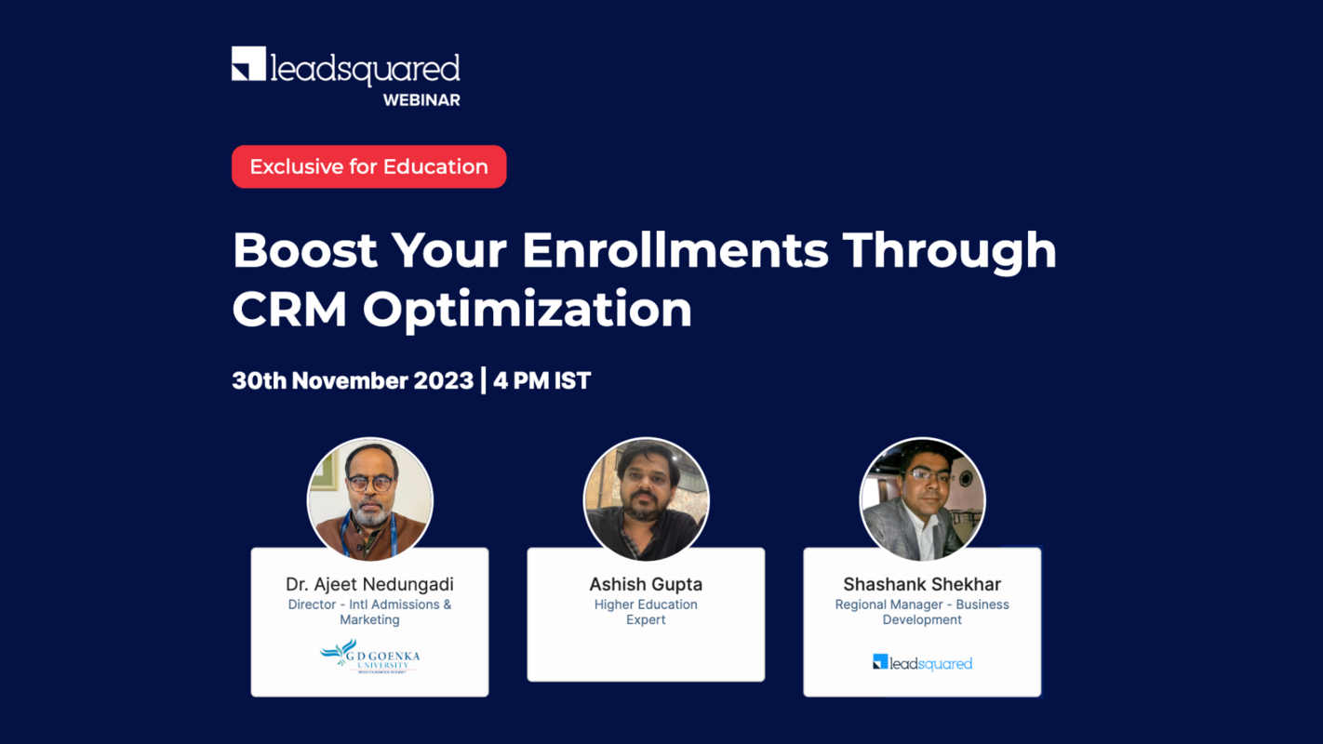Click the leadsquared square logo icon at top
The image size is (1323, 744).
point(248,64)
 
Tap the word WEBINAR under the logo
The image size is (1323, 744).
point(421,100)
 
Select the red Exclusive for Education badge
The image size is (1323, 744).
point(368,166)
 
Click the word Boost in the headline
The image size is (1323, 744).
point(304,250)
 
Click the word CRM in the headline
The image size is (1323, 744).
point(287,309)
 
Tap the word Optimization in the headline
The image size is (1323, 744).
point(528,311)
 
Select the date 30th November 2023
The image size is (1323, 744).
point(353,380)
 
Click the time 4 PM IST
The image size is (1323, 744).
point(542,380)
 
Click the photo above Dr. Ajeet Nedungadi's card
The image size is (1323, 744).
point(369,499)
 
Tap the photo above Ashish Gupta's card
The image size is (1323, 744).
point(646,499)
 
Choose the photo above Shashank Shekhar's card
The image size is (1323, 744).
point(922,499)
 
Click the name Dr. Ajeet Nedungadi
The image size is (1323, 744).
point(369,584)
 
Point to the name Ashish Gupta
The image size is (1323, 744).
point(646,584)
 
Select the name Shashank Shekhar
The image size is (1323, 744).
point(922,584)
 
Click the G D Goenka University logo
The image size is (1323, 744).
point(369,657)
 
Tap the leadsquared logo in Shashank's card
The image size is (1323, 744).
point(922,662)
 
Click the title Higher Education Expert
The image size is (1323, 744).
point(646,612)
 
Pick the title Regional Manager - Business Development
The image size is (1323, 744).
point(922,612)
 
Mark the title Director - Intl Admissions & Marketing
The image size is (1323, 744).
point(369,612)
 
